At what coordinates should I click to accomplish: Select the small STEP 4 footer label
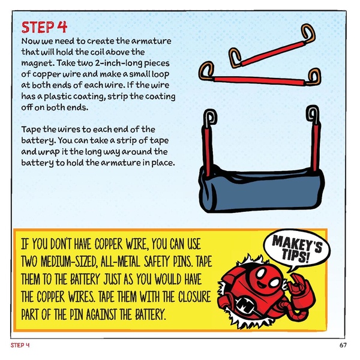click(x=20, y=346)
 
